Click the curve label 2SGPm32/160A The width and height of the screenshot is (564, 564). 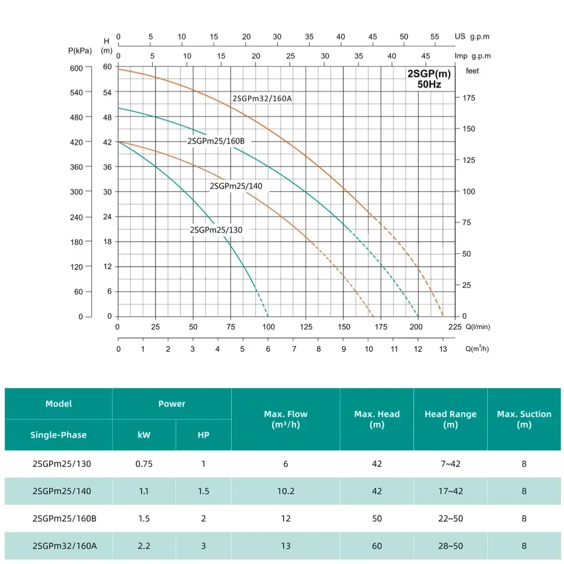pos(262,99)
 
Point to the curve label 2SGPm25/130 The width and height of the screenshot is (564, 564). pos(217,230)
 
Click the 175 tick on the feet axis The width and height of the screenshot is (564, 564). pos(469,98)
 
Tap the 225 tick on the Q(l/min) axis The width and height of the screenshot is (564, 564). pos(454,327)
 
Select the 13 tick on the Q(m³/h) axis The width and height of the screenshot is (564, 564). pos(443,350)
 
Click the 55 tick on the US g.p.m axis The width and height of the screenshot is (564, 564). pos(435,37)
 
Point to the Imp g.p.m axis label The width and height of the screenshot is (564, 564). pos(473,56)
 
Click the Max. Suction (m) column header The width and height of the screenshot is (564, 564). pos(524,419)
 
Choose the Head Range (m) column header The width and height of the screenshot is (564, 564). pos(450,419)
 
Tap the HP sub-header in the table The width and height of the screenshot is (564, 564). pos(204,435)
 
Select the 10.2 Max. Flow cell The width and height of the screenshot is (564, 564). pos(285,491)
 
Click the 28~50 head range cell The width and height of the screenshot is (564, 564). pos(450,546)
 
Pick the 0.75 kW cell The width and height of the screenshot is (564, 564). pos(144,464)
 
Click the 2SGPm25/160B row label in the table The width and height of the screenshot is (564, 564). pos(65,518)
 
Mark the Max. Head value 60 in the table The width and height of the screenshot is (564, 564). pos(377,546)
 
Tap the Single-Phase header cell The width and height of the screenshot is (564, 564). pos(59,435)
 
